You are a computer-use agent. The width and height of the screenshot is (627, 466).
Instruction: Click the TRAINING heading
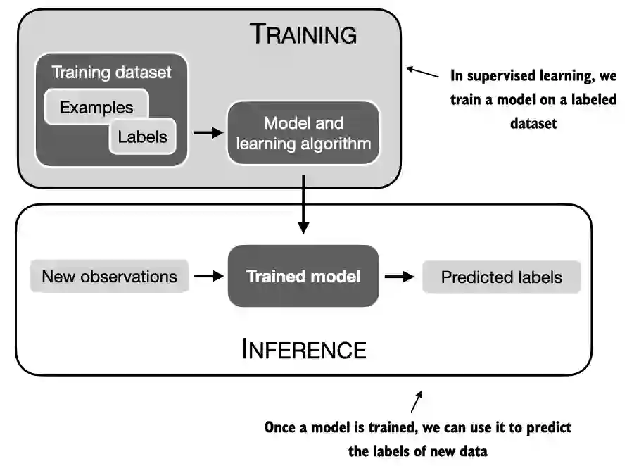pos(303,34)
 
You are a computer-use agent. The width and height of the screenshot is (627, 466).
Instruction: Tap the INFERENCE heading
pos(304,349)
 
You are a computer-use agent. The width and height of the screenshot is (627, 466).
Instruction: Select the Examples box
pos(96,107)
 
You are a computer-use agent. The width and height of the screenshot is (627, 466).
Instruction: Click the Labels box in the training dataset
pos(143,137)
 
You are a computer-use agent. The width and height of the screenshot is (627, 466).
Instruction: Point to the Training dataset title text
pos(112,73)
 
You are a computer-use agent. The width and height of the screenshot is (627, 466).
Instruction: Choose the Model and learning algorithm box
pos(303,133)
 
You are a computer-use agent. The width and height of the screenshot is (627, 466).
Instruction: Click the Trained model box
pos(303,276)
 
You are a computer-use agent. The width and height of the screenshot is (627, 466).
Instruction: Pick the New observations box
pos(109,277)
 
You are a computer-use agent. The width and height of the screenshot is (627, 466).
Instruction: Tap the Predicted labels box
pos(502,277)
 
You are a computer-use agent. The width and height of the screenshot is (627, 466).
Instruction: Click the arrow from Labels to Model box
pos(208,132)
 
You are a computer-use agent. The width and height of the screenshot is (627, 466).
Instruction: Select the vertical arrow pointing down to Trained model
pos(303,204)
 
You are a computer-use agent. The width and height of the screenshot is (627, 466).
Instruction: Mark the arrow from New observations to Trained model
pos(209,276)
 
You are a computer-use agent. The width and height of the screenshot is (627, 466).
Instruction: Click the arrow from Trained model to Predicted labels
pos(400,277)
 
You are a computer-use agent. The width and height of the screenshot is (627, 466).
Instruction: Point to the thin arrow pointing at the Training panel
pos(422,72)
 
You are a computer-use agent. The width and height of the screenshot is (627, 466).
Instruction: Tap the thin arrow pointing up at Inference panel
pos(417,401)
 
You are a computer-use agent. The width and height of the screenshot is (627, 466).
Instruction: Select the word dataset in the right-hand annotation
pos(533,123)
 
